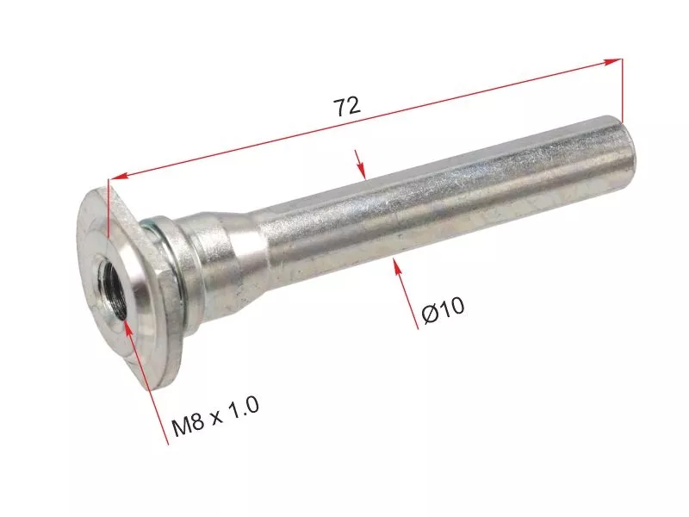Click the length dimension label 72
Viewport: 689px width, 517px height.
(347, 106)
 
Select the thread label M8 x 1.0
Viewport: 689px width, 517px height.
(214, 416)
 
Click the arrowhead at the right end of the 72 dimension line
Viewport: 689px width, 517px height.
(614, 61)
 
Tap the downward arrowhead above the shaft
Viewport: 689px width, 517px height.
(361, 171)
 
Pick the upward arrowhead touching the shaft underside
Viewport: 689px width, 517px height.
(397, 267)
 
